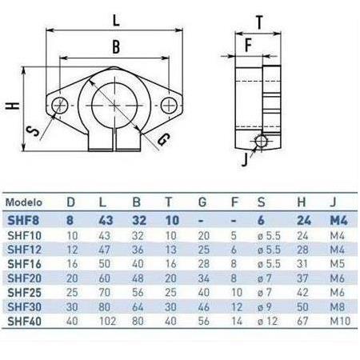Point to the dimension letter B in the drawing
point(117,47)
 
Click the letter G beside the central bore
point(163,140)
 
